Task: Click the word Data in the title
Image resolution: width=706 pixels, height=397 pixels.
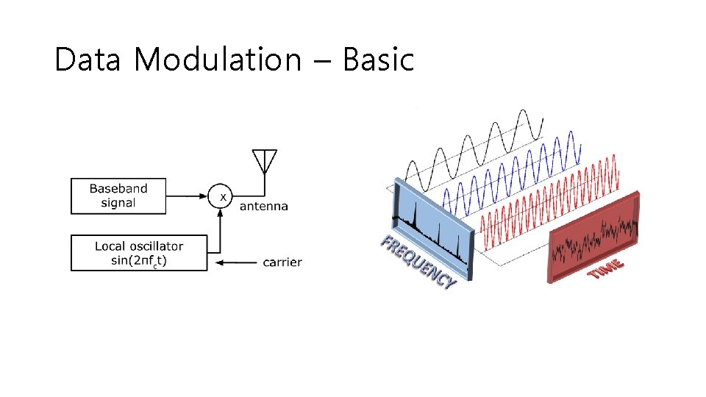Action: (87, 60)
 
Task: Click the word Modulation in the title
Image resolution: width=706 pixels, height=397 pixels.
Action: (218, 60)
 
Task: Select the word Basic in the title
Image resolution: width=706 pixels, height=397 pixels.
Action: (378, 60)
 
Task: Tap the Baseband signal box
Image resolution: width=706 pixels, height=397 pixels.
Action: (119, 196)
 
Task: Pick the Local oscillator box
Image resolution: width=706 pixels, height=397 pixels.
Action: (139, 254)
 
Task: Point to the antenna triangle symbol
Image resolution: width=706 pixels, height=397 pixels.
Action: (264, 160)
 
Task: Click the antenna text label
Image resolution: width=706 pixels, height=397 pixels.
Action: (264, 207)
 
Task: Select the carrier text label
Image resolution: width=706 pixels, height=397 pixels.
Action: (282, 262)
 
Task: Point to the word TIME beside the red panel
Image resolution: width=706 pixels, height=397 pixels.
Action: (607, 268)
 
